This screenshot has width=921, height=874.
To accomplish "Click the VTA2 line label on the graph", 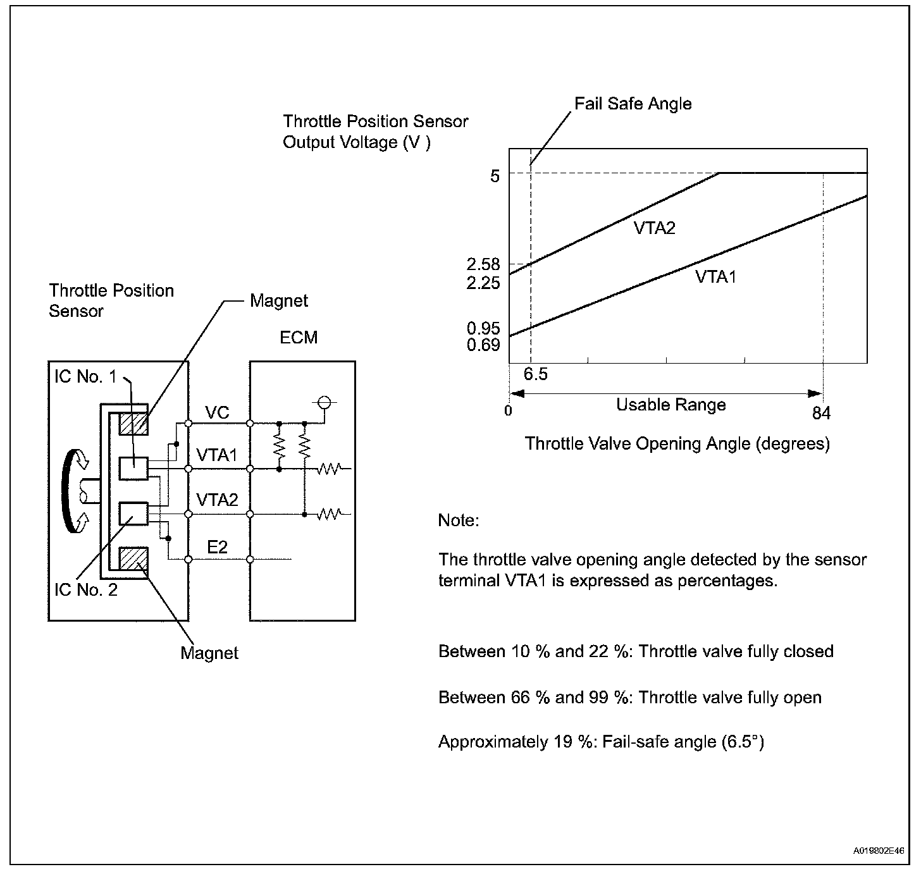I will (654, 228).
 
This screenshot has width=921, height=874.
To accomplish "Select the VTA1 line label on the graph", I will (715, 276).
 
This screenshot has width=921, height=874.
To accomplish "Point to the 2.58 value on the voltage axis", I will (483, 264).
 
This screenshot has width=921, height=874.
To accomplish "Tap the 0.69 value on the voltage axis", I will (483, 345).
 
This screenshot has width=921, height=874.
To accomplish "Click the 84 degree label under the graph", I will (821, 413).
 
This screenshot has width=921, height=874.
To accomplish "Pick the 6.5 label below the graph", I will (535, 374).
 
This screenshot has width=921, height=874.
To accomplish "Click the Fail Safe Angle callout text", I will (633, 104).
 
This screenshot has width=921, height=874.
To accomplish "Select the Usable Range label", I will (671, 405).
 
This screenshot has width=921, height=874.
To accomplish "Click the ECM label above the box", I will (299, 338).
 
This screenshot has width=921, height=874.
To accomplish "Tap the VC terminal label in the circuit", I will (217, 413).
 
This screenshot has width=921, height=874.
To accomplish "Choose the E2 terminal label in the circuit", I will (217, 547).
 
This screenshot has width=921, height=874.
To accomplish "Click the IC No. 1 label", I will (85, 377).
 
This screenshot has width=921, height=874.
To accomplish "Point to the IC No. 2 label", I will (85, 590).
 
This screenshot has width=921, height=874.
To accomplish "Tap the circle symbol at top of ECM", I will (324, 402).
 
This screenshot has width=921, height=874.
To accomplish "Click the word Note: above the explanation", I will (459, 520).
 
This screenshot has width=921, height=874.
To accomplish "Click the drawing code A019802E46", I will (879, 851).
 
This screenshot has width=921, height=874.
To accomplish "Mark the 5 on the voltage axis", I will (495, 176).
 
